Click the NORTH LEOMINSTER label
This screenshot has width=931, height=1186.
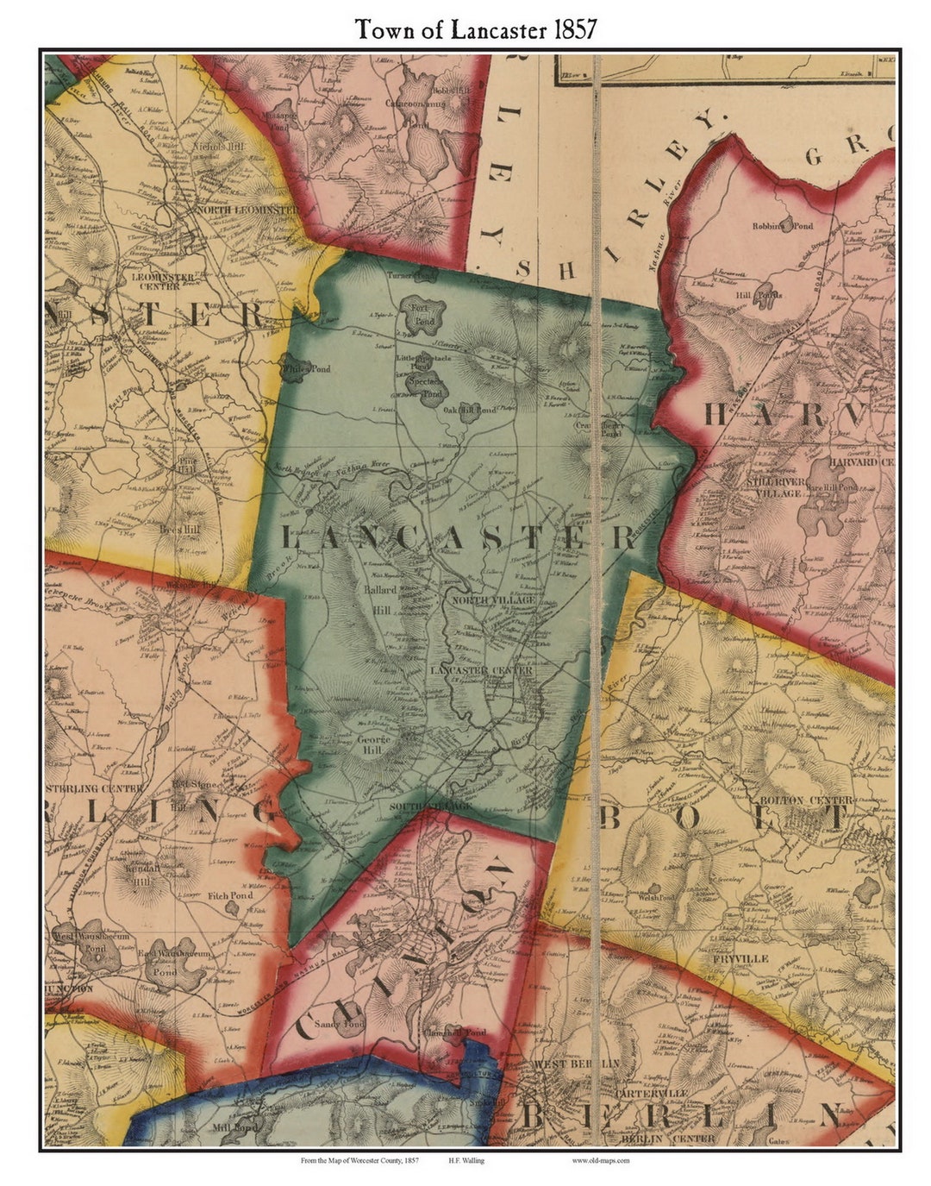(x=248, y=209)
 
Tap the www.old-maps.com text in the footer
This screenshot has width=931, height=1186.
(x=600, y=1161)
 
